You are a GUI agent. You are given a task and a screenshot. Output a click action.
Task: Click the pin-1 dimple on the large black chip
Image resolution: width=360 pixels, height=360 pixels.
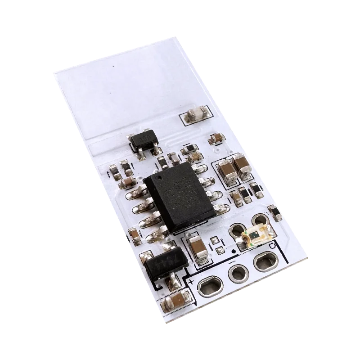(157, 181)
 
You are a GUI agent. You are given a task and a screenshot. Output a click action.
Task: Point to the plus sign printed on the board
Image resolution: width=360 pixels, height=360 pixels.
(191, 283)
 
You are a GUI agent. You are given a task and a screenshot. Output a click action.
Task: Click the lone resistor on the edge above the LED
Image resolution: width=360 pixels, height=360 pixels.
(273, 210)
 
